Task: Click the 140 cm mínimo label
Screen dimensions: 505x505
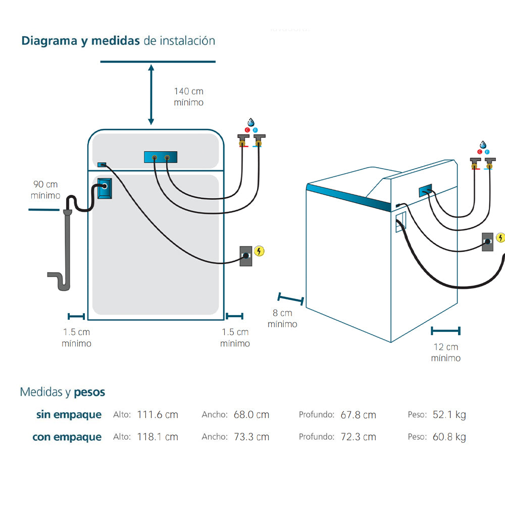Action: [x=189, y=96]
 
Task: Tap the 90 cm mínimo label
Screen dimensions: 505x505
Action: [x=45, y=189]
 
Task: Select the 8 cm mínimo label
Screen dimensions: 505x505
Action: [x=282, y=319]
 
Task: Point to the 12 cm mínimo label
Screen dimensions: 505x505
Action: [x=446, y=352]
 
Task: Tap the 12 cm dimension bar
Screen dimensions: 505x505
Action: [x=445, y=331]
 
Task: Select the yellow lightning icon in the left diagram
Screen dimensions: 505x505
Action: [x=260, y=251]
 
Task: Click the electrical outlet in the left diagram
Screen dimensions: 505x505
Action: [x=246, y=256]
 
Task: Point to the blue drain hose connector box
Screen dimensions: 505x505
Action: [x=104, y=187]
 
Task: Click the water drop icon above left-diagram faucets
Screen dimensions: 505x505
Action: [x=251, y=122]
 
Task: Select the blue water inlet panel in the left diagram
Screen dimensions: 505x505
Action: [x=160, y=158]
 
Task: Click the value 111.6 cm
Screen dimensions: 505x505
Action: [x=158, y=415]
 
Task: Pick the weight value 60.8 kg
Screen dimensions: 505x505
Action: [x=449, y=437]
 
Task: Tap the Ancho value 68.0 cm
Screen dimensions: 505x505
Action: [x=251, y=415]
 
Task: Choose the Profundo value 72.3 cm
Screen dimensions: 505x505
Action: [x=358, y=437]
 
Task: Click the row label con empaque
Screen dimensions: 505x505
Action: [x=67, y=437]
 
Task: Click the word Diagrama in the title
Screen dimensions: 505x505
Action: [x=49, y=41]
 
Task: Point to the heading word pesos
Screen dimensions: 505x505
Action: [x=89, y=392]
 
